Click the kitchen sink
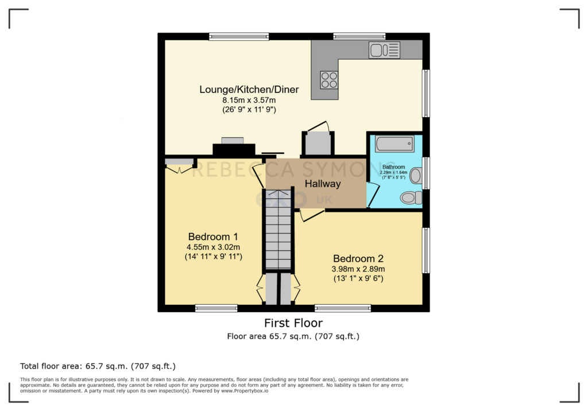384,50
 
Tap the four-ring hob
329,80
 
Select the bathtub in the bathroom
395,144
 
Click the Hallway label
323,184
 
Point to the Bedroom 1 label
213,236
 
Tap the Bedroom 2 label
358,258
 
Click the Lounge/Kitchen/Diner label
249,89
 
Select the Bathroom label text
393,167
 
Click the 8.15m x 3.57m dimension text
249,100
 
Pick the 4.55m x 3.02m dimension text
214,247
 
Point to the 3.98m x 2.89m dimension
358,269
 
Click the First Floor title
293,323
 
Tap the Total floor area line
98,366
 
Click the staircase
278,230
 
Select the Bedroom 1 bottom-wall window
216,308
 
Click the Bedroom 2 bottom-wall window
343,308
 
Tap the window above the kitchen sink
359,36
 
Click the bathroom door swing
372,195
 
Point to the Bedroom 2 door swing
312,215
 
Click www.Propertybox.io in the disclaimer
245,391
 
